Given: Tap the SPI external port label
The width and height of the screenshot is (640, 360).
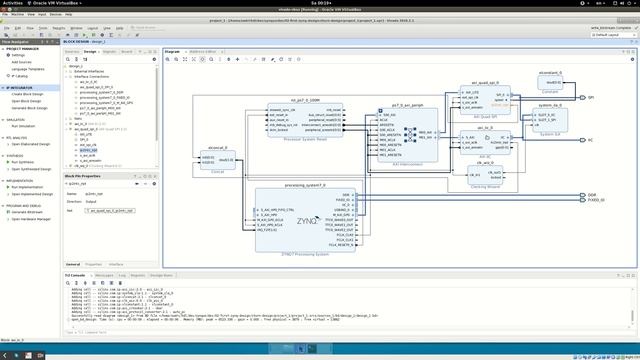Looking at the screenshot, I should tap(591, 98).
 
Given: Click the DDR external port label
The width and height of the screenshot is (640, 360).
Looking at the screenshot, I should tap(592, 195).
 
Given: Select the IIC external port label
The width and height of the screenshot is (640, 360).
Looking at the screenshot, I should tap(590, 141).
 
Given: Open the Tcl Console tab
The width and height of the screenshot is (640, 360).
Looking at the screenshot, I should tap(77, 273).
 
